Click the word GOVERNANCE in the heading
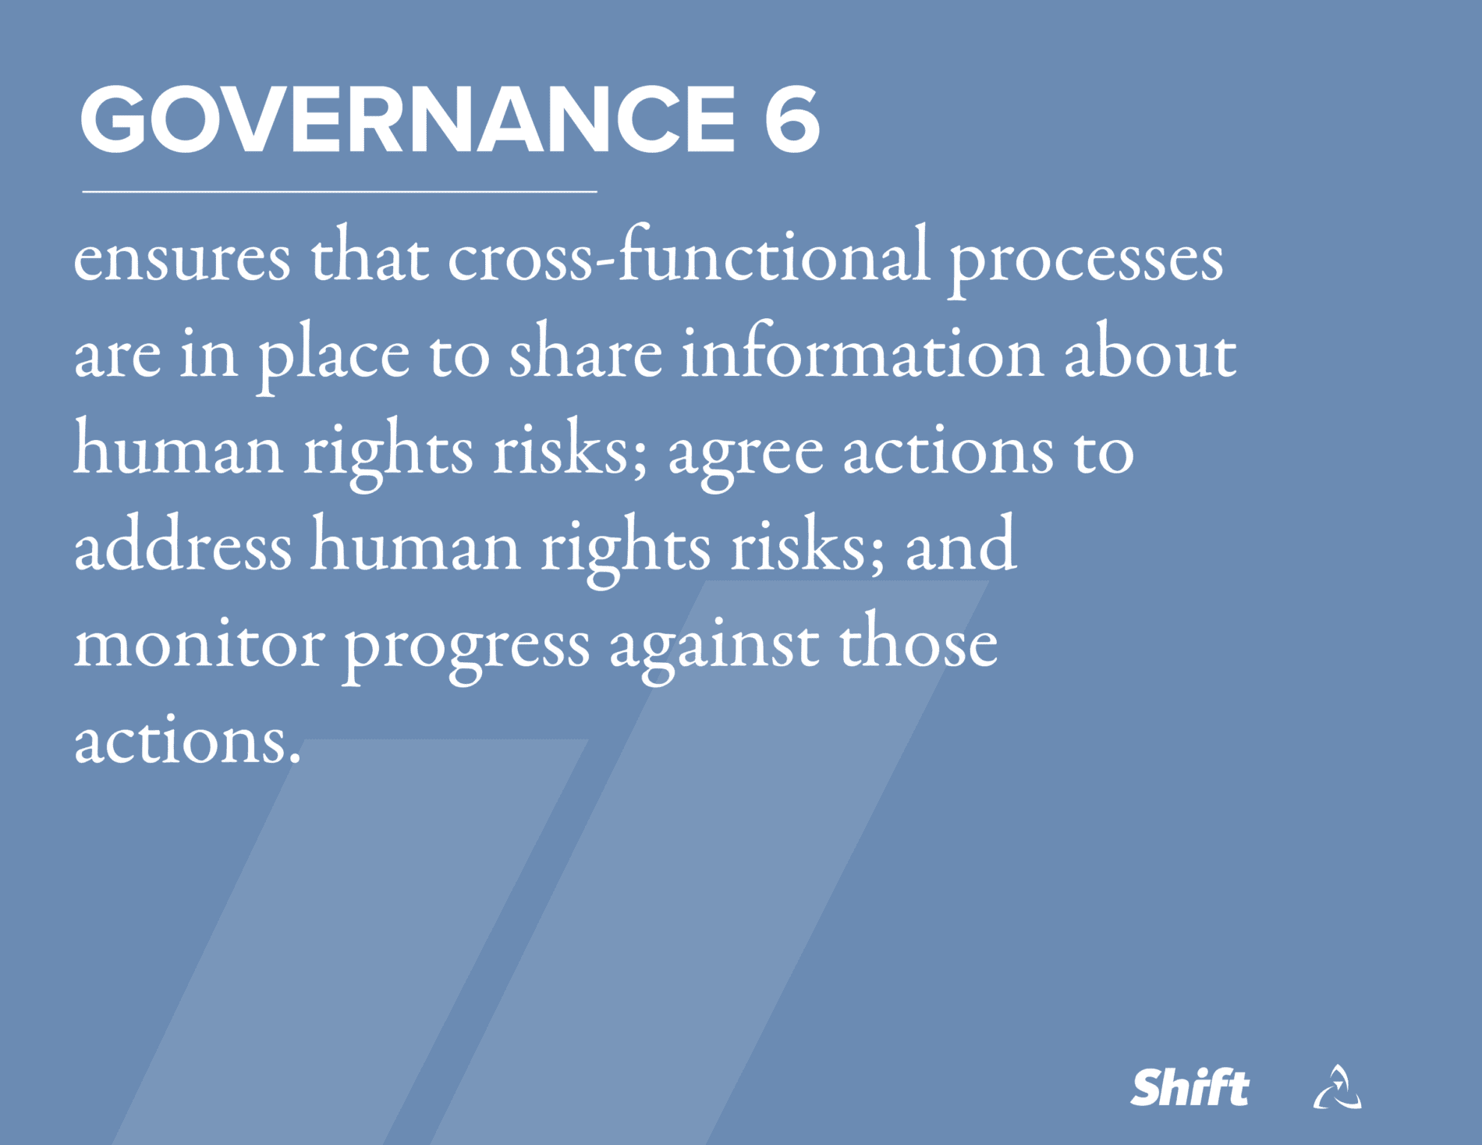407,119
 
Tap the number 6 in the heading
792,119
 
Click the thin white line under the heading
339,190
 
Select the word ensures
182,261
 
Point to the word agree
746,456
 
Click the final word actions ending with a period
187,739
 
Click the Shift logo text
1190,1087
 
